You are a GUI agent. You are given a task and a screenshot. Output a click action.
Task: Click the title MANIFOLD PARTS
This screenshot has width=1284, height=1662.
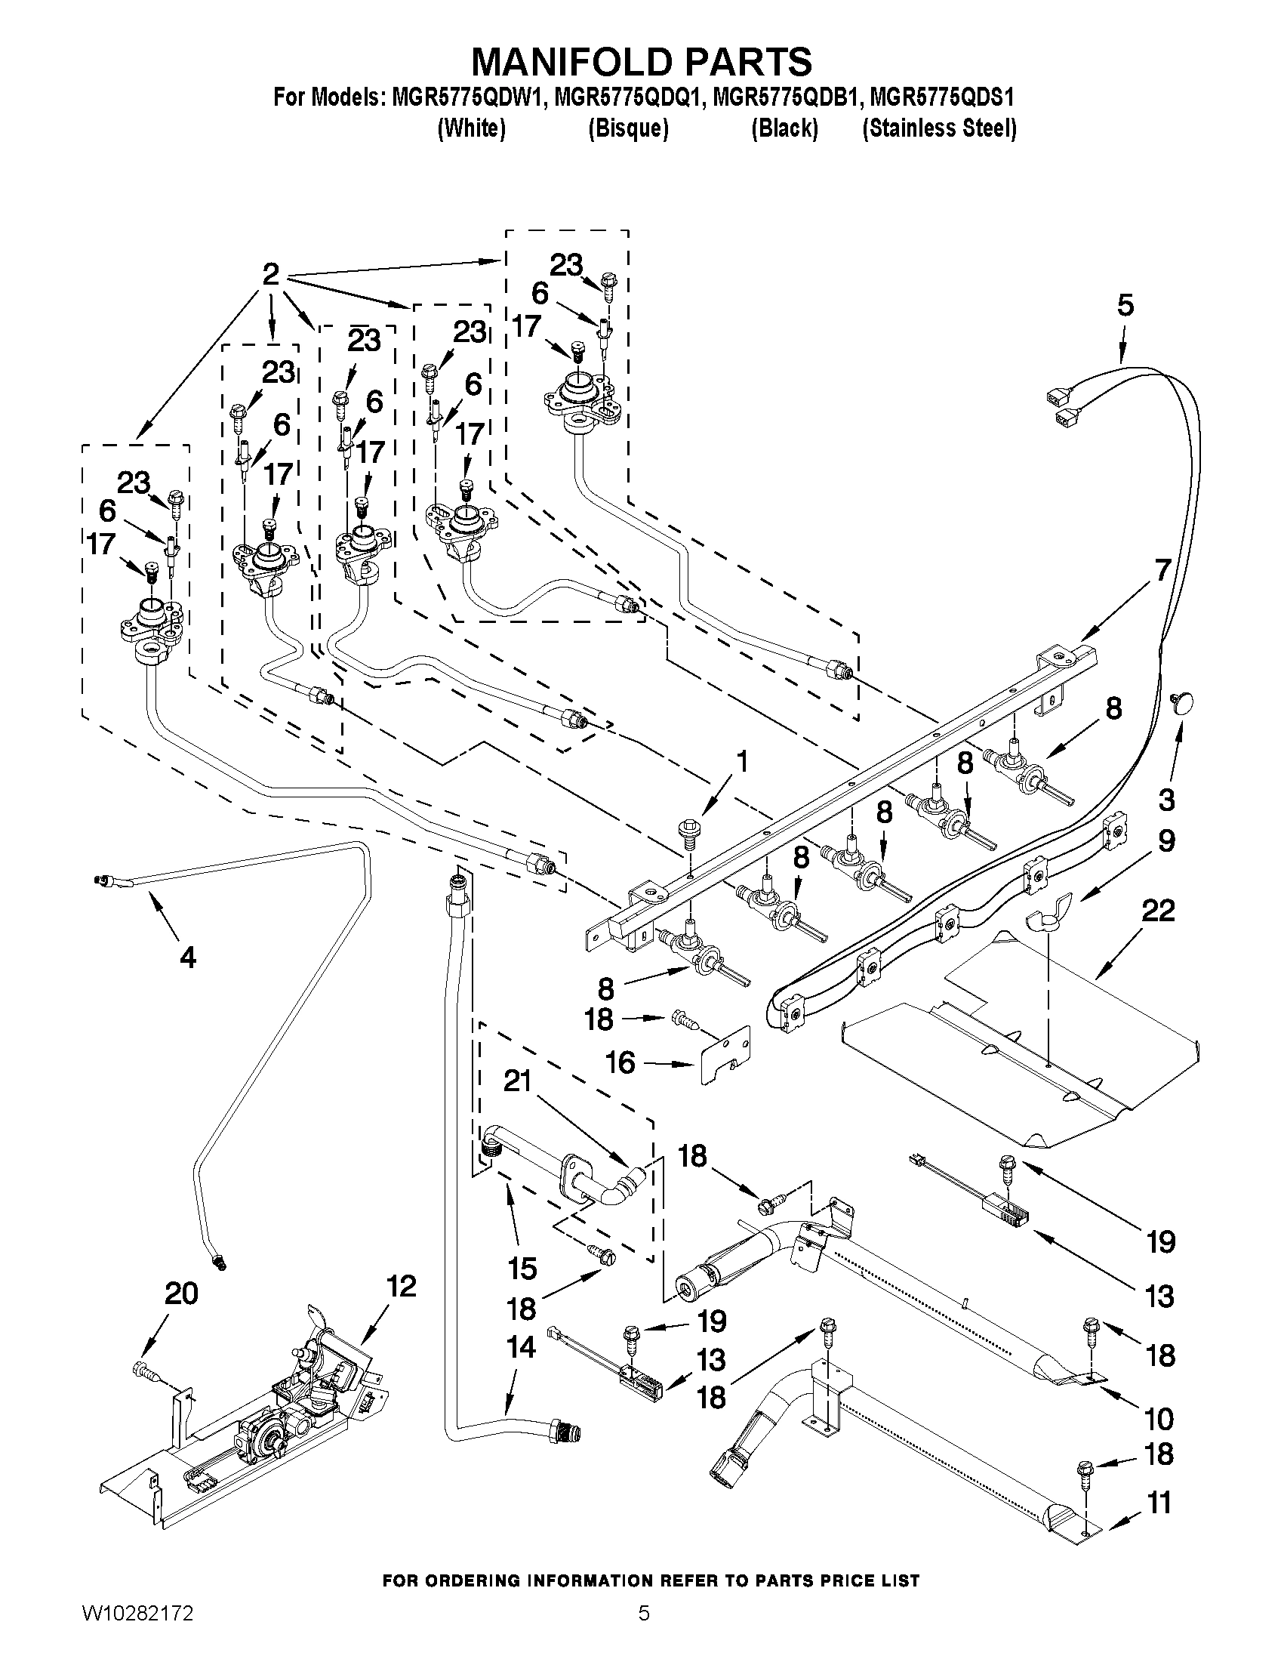(641, 61)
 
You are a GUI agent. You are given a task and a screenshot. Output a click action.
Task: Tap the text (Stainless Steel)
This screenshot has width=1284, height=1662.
(939, 128)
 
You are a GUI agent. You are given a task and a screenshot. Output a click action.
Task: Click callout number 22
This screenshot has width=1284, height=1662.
(1157, 910)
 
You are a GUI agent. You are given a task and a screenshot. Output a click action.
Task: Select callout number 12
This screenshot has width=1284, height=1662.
(401, 1286)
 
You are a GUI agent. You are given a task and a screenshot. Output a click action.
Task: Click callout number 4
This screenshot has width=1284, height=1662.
(187, 957)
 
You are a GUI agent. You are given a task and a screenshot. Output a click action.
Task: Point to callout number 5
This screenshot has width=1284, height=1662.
(1125, 305)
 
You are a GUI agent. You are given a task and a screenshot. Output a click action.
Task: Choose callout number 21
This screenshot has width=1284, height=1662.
(517, 1080)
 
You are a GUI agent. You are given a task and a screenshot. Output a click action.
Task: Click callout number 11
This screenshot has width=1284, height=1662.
(1158, 1503)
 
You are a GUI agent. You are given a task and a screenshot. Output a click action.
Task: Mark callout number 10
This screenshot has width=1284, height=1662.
(1158, 1419)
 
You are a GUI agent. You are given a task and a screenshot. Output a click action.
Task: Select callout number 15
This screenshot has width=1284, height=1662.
(522, 1269)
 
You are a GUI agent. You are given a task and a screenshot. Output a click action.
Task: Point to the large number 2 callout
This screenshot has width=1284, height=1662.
(271, 274)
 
